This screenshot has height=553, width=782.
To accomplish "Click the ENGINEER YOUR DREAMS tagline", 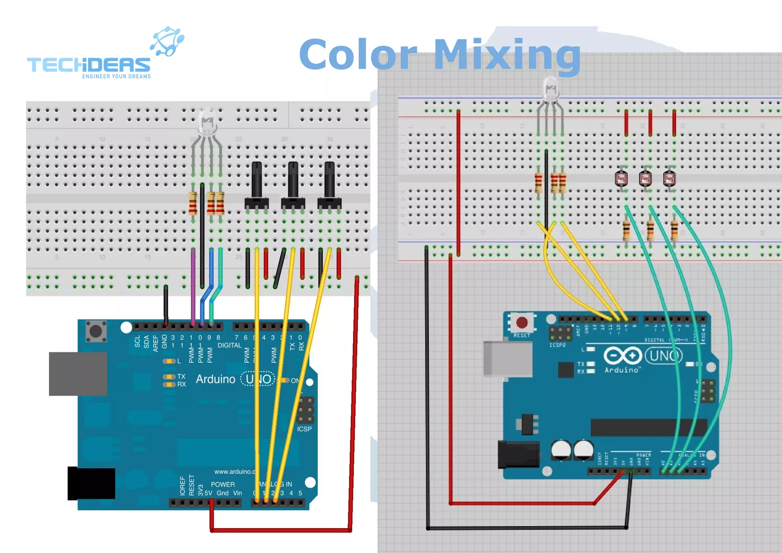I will pos(116,76).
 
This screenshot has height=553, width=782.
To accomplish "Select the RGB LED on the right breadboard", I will pos(550,90).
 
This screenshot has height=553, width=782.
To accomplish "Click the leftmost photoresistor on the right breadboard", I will pos(622,178).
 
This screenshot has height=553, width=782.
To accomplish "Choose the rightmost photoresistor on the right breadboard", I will pos(669,178).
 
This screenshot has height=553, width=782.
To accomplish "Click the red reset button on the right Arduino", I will pos(522,323).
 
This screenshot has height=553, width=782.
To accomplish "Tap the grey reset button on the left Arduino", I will pos(96,331).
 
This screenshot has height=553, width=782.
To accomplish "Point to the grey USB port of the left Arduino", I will pos(78,374).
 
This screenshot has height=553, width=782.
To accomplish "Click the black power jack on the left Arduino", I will pos(92,483).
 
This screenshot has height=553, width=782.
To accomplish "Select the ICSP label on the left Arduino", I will pos(304,429).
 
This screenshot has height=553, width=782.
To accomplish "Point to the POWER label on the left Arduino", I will pos(223,484).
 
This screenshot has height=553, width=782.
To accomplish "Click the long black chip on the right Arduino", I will pos(648,427).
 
